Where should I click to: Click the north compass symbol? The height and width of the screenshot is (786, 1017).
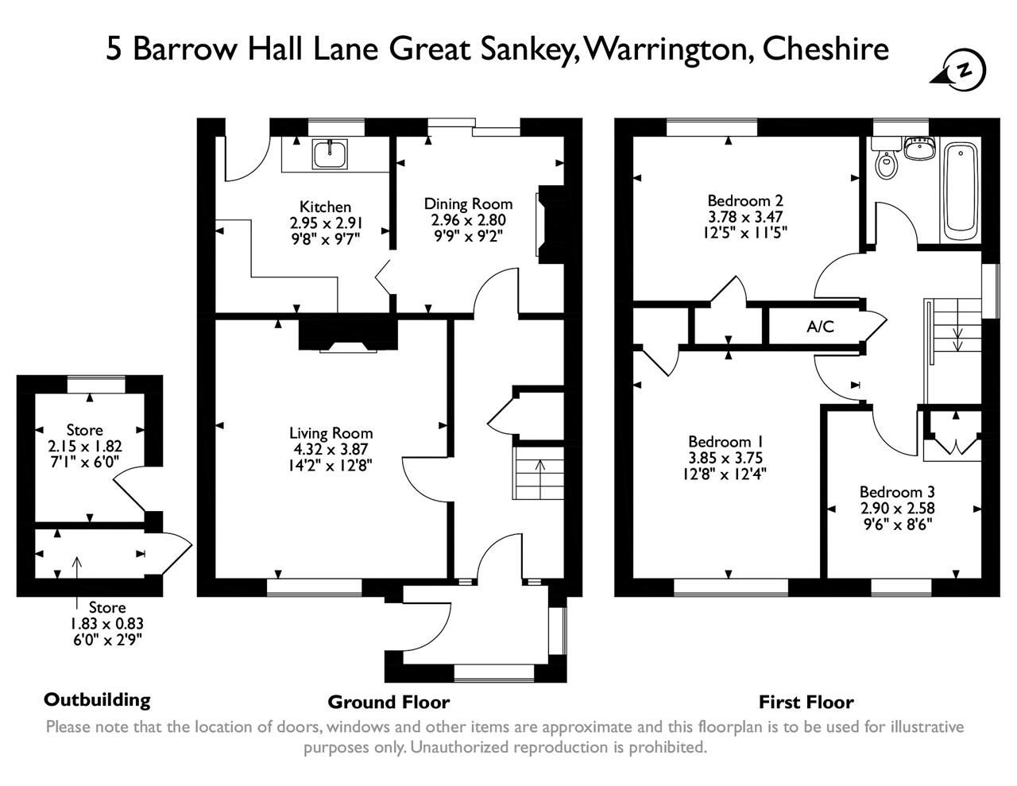click(962, 70)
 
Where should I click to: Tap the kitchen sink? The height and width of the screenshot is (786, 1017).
click(329, 153)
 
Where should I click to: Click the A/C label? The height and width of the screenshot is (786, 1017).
click(820, 327)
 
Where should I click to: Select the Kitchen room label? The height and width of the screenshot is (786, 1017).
click(325, 207)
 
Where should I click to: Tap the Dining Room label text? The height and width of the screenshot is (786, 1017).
click(468, 204)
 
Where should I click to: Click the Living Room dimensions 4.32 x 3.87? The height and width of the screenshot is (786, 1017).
click(331, 449)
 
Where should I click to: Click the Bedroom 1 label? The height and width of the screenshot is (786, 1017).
click(719, 441)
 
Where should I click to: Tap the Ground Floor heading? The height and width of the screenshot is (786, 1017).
click(389, 702)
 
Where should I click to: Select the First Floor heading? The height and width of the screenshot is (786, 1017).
click(806, 702)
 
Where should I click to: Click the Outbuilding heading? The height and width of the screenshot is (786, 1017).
click(97, 699)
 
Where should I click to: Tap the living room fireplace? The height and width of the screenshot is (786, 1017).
click(347, 335)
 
